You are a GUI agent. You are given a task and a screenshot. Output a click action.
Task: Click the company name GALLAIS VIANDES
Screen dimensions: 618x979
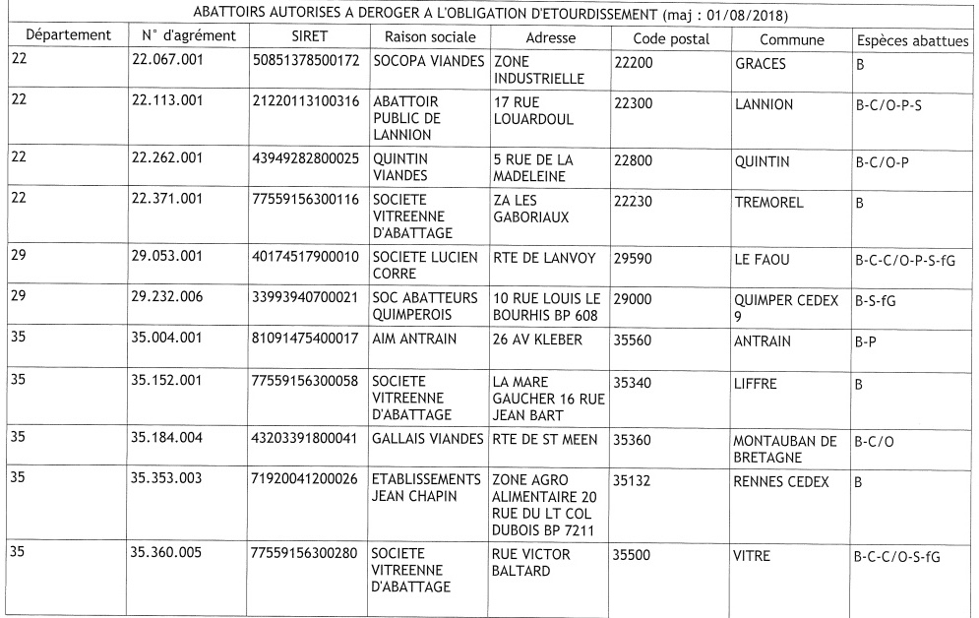click(x=426, y=439)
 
